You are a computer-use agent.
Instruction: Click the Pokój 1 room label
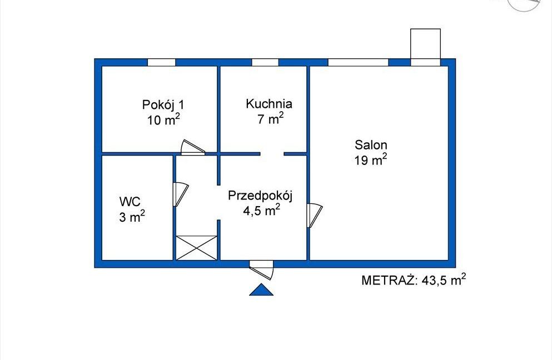(x=163, y=105)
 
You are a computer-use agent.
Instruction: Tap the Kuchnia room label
(x=269, y=104)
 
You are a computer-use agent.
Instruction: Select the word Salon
(x=371, y=144)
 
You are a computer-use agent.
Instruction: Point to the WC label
(x=130, y=202)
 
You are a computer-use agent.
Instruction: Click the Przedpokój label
(x=261, y=196)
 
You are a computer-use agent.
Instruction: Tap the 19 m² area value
(x=371, y=159)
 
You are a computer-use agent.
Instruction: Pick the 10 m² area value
(x=163, y=119)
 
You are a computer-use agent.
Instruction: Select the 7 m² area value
(x=270, y=118)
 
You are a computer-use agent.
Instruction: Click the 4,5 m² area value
(x=262, y=210)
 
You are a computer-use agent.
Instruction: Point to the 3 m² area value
(x=132, y=216)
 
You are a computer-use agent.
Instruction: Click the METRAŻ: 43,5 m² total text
(x=414, y=280)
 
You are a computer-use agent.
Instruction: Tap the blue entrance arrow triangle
(x=261, y=289)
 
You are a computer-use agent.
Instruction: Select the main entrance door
(x=261, y=269)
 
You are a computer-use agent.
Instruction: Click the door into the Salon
(x=315, y=216)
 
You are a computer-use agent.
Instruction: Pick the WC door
(x=181, y=194)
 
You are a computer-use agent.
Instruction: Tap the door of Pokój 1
(x=193, y=147)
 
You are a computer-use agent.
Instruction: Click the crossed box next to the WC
(x=196, y=248)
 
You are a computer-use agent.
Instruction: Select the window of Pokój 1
(x=161, y=62)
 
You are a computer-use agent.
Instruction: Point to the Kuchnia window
(x=265, y=62)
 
